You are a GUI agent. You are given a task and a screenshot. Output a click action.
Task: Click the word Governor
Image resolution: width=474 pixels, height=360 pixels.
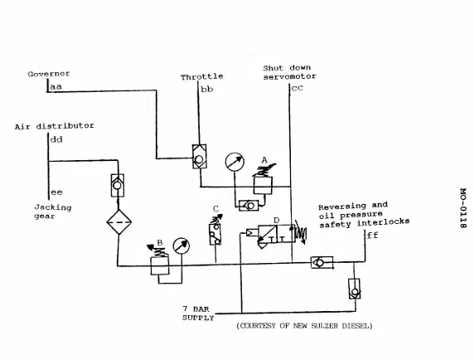tap(49, 74)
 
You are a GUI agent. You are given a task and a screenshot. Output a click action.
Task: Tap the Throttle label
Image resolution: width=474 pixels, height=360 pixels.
tap(202, 77)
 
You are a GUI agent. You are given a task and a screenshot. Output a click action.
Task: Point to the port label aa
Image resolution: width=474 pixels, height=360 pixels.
tap(56, 87)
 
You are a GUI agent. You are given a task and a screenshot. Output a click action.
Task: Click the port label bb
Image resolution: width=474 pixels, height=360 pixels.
tap(207, 90)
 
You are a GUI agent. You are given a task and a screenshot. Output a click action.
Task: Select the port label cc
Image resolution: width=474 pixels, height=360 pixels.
tap(297, 88)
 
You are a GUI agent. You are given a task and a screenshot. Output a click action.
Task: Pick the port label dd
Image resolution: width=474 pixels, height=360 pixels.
tap(56, 139)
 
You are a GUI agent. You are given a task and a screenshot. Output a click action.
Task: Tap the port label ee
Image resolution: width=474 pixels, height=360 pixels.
tap(56, 192)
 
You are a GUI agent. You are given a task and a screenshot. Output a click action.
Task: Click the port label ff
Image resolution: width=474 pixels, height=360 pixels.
tap(372, 235)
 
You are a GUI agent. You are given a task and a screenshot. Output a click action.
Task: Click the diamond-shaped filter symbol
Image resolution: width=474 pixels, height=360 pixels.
tap(118, 222)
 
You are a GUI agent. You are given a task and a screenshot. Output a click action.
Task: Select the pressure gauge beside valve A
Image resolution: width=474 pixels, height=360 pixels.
tap(235, 162)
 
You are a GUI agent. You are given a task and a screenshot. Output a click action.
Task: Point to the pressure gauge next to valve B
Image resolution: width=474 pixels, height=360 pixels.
tap(181, 246)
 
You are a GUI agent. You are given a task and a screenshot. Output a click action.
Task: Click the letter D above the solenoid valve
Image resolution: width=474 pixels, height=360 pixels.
tap(276, 221)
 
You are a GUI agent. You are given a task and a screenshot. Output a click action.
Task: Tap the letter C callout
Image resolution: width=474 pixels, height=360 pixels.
tap(215, 209)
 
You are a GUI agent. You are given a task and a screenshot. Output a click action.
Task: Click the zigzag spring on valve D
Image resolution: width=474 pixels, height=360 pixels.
tap(301, 232)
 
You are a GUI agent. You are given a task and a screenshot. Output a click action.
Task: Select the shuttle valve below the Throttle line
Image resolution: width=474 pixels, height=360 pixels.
tap(199, 157)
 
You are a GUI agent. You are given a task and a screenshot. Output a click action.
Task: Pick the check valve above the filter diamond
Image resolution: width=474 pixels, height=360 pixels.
tap(118, 186)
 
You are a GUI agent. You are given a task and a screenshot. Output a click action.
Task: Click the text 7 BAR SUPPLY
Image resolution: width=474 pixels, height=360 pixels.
tap(198, 314)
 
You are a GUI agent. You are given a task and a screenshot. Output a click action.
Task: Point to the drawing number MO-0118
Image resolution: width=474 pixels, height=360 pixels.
tap(463, 208)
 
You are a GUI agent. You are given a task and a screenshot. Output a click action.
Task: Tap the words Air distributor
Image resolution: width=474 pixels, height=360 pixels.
tap(55, 126)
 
